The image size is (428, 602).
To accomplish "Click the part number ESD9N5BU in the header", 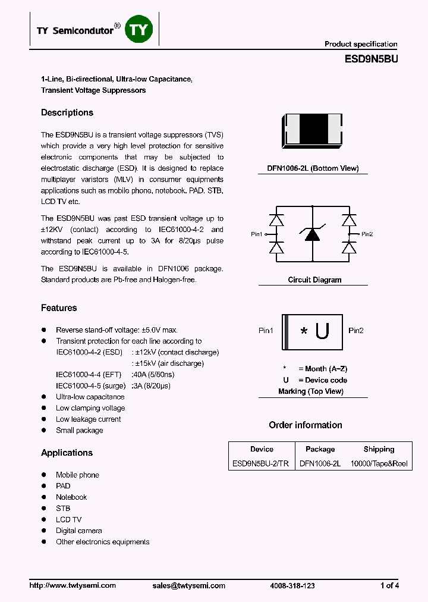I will [x=371, y=59].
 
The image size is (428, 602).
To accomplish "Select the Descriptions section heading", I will [x=67, y=112].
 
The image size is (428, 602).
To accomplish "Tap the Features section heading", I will [x=59, y=308].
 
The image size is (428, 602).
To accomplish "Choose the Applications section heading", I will [x=67, y=453].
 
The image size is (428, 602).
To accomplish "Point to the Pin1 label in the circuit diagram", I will [x=257, y=234].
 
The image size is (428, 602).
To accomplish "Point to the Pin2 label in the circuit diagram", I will [x=367, y=234].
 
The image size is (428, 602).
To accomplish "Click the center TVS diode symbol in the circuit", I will [x=312, y=234].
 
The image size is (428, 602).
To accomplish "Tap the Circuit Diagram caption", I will [x=314, y=280].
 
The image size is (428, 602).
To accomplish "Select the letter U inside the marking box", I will [x=322, y=331].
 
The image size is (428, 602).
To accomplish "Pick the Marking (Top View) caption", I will [x=310, y=391].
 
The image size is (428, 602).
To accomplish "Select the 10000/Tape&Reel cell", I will [x=379, y=463].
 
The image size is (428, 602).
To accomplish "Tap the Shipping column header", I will [x=379, y=449].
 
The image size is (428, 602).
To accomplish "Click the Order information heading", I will [x=305, y=425].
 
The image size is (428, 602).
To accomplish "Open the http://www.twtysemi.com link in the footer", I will [x=73, y=585].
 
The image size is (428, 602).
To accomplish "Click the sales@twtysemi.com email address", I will [x=188, y=585].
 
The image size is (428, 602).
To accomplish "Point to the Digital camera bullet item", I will [x=78, y=531].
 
